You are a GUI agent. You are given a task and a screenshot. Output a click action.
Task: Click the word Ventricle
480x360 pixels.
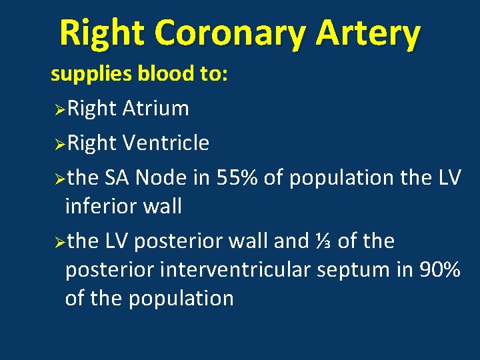coord(166,143)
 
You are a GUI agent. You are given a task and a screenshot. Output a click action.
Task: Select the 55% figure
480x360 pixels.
coord(238,178)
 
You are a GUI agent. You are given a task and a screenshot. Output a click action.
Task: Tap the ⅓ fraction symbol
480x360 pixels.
coord(323,241)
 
